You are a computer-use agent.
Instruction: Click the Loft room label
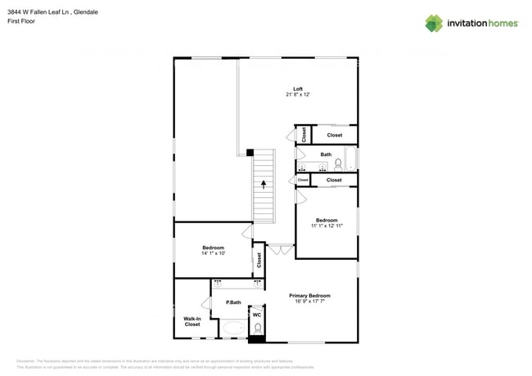(299, 89)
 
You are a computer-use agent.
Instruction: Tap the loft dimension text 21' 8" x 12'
(299, 96)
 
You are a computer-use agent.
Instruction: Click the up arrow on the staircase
(264, 185)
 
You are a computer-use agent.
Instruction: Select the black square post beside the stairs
(250, 152)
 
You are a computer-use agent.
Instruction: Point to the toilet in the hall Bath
(338, 165)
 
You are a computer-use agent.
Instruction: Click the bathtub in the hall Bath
(351, 159)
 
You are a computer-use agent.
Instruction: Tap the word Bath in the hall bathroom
(326, 154)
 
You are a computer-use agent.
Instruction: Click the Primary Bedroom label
(309, 295)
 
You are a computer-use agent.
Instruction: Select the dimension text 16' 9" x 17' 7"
(309, 302)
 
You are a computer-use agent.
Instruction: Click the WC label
(256, 315)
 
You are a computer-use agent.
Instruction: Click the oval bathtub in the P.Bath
(233, 330)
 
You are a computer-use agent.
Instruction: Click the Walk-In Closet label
(192, 321)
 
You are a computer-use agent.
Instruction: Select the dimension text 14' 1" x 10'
(213, 253)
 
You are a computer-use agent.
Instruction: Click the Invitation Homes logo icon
(435, 23)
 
